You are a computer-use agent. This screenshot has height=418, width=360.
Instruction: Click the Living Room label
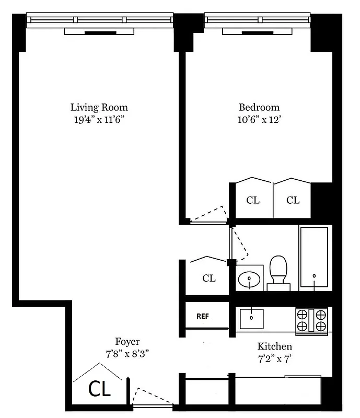pos(99,108)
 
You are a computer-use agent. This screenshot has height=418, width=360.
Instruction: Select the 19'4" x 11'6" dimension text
pos(99,120)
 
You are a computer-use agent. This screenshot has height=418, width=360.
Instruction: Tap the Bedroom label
pos(259,108)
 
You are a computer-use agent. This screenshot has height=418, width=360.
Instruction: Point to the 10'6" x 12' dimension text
pos(259,120)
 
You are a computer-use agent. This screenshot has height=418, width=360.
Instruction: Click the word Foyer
pos(127,342)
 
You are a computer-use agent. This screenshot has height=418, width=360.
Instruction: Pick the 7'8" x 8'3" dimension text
pos(127,353)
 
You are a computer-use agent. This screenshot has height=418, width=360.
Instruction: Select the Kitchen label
pos(274,346)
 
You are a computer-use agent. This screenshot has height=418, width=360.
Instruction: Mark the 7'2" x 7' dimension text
pos(274,358)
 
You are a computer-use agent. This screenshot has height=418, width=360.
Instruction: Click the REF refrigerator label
pos(203,317)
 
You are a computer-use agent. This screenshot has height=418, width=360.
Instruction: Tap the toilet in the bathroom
pos(278,271)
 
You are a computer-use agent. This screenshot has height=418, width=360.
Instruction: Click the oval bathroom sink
pos(249,280)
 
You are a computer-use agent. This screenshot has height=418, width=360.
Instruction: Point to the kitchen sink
pos(252,318)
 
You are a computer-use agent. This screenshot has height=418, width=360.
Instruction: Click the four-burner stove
pos(311,320)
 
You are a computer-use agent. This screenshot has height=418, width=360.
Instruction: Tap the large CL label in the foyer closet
pos(99,390)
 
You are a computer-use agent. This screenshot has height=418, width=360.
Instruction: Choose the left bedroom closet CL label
pos(253,200)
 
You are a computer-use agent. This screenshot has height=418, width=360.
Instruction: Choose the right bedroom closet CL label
pos(293,200)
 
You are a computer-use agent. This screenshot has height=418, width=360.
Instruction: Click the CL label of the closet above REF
pos(209,278)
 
